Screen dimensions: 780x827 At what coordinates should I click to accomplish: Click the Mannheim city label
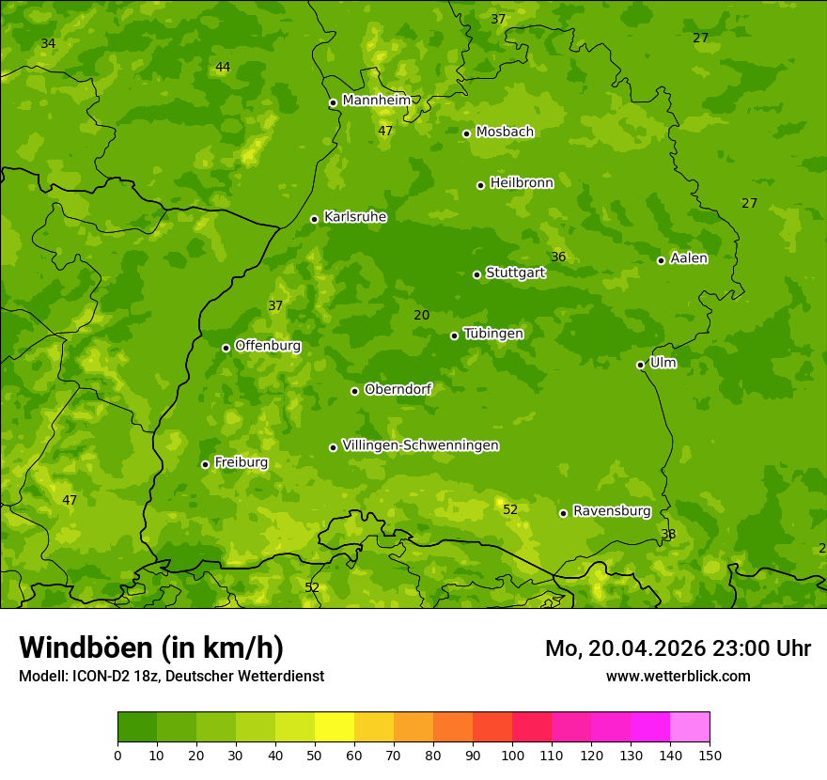(x=376, y=101)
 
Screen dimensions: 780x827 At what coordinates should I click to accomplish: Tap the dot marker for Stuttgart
(x=476, y=274)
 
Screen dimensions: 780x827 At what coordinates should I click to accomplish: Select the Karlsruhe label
(x=354, y=217)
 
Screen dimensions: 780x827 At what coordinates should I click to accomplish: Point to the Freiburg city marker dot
(x=205, y=464)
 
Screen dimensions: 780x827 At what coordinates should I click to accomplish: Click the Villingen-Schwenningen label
(x=420, y=445)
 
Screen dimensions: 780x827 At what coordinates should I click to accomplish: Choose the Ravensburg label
(x=611, y=511)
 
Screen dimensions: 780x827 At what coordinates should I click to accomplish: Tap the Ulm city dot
(x=640, y=365)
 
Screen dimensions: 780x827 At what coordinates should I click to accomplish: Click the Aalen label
(x=688, y=258)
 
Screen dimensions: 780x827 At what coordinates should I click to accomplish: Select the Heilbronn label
(x=521, y=183)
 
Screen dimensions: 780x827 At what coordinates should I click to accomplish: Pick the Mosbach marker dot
(x=466, y=133)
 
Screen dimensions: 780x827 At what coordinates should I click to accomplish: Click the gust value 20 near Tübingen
(x=421, y=316)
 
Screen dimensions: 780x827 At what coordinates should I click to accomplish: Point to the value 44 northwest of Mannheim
(x=222, y=68)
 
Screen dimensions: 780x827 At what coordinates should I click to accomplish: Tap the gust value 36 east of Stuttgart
(x=558, y=257)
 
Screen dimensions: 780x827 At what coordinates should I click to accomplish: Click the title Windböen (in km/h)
(x=150, y=647)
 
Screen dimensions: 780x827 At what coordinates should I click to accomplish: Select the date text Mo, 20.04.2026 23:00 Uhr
(x=678, y=648)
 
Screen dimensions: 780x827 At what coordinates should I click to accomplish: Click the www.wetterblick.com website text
(x=678, y=676)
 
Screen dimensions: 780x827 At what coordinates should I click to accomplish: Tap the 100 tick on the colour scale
(x=512, y=755)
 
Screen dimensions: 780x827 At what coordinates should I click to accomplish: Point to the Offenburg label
(x=267, y=346)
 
